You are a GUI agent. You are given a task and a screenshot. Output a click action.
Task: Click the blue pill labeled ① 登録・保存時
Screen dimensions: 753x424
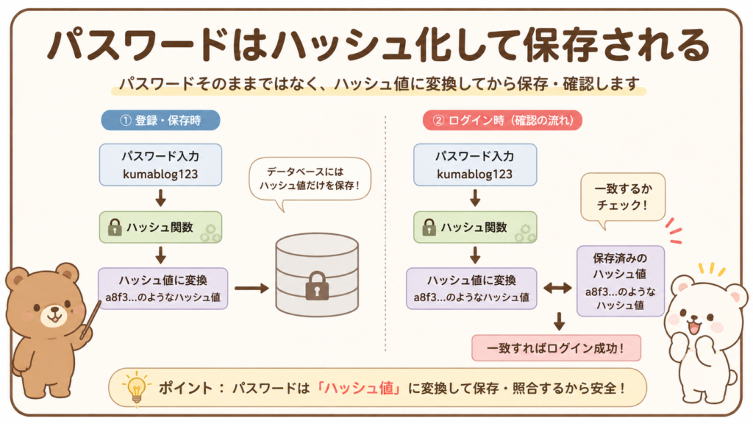click(160, 120)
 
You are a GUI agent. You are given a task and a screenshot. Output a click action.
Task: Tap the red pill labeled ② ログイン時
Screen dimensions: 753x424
click(502, 120)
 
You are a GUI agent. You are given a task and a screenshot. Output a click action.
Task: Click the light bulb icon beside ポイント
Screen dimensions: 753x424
click(136, 388)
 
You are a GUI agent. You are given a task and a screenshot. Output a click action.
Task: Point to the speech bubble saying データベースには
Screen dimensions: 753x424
click(310, 180)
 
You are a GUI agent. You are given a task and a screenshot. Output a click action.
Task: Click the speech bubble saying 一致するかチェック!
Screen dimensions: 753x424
click(623, 198)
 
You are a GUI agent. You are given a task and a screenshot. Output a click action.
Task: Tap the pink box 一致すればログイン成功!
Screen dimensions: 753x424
click(556, 348)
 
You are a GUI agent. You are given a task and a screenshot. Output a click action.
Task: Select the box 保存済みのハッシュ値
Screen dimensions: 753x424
click(621, 281)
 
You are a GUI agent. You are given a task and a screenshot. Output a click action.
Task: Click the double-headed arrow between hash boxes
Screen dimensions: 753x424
click(557, 289)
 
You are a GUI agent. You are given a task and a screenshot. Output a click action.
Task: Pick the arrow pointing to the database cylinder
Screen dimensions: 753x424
click(251, 289)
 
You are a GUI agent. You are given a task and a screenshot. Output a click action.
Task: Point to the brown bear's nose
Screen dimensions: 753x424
click(53, 310)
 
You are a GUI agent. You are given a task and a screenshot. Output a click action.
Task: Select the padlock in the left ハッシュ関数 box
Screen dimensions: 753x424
click(115, 227)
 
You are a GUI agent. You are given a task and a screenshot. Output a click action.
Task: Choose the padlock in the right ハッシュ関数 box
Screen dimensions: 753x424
click(429, 227)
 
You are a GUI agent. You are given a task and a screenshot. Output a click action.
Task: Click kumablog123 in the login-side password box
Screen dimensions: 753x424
click(474, 174)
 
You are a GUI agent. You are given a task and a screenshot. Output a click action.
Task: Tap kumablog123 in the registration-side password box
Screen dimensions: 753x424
click(160, 174)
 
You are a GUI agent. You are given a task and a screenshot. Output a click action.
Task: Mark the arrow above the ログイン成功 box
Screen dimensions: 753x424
click(559, 321)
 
